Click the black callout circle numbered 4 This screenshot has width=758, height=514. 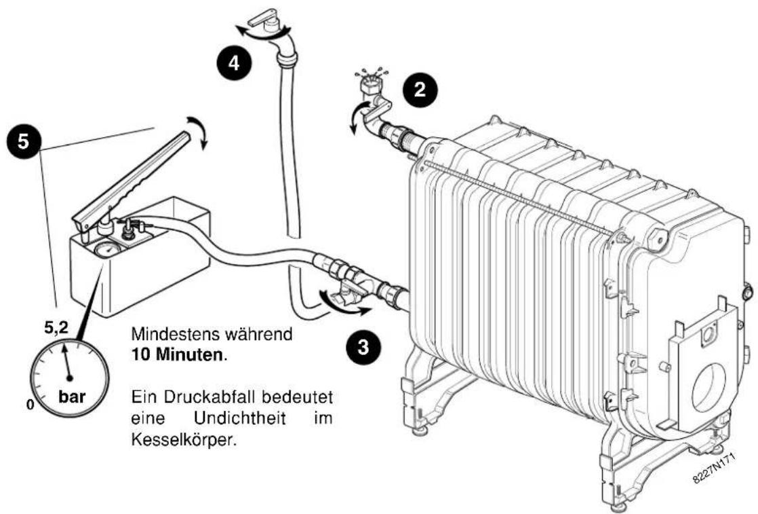[x=234, y=62]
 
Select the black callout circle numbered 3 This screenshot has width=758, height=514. [x=363, y=347]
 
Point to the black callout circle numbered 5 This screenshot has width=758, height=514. [x=23, y=141]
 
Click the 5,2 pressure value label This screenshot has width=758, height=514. [x=56, y=328]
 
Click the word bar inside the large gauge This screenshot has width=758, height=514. [x=72, y=397]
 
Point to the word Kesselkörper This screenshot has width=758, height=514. [x=184, y=439]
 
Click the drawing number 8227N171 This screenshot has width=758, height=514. [x=713, y=470]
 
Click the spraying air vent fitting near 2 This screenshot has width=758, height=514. [x=370, y=88]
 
